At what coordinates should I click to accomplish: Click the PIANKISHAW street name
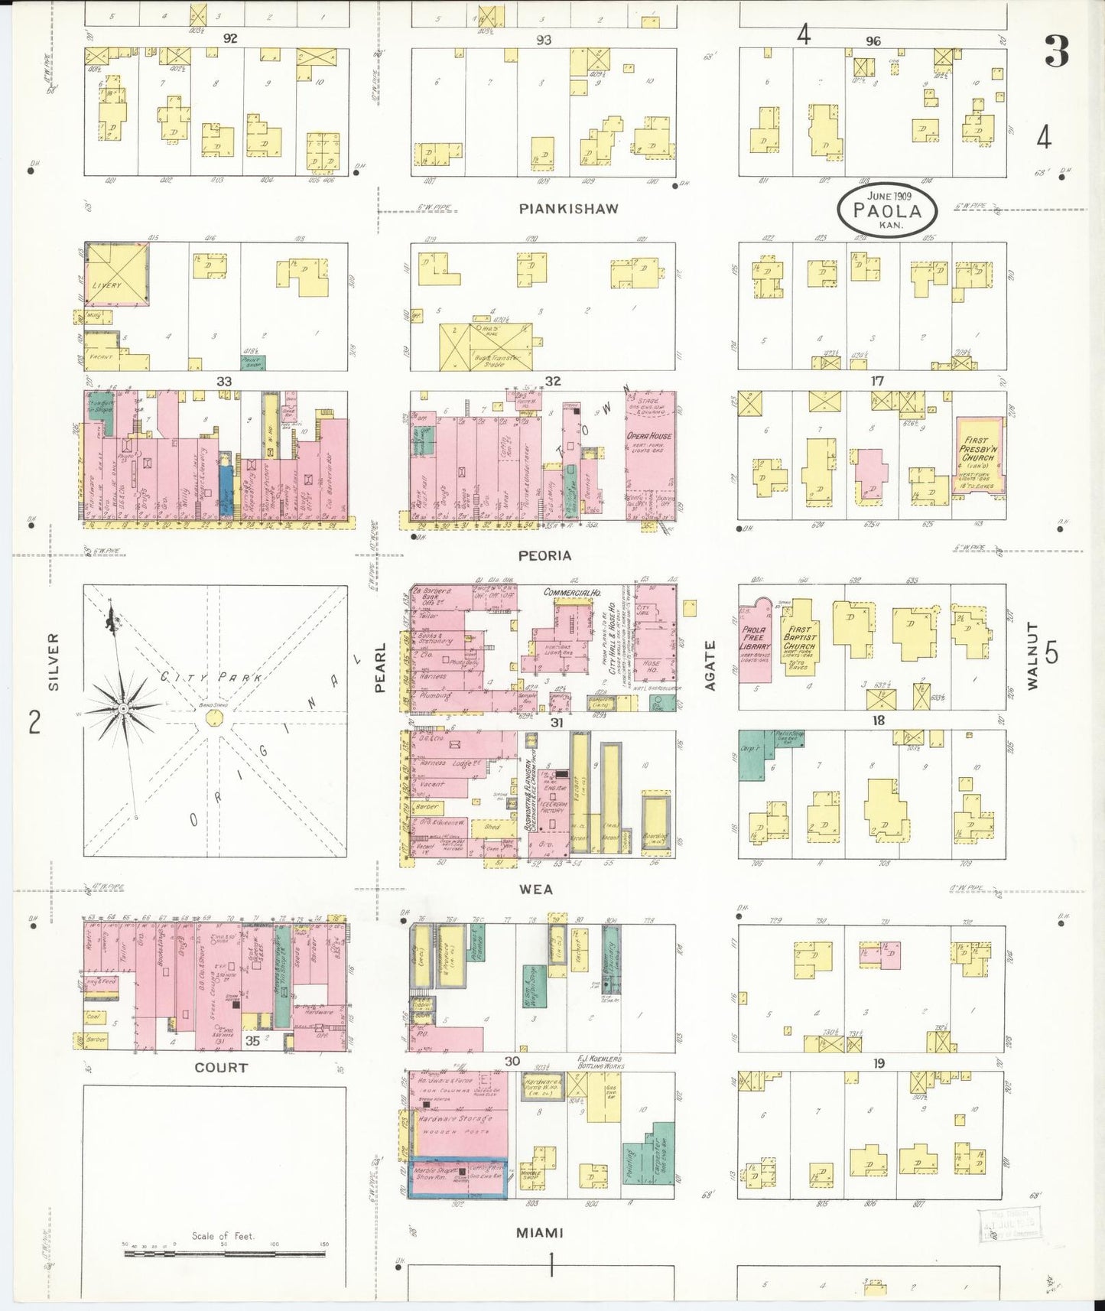568,209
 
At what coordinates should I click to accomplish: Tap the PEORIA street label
544,556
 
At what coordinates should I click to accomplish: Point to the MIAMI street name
540,1232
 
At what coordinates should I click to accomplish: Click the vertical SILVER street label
54,662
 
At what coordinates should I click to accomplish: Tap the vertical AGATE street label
710,665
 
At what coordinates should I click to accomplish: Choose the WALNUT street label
1032,656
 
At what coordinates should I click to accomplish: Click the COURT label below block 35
221,1067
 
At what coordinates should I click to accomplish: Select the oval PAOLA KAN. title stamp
888,210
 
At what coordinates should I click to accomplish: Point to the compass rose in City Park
122,709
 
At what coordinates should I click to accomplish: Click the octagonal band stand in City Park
215,719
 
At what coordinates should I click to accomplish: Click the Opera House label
650,436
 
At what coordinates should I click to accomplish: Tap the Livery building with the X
117,275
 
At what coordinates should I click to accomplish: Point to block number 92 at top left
229,38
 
